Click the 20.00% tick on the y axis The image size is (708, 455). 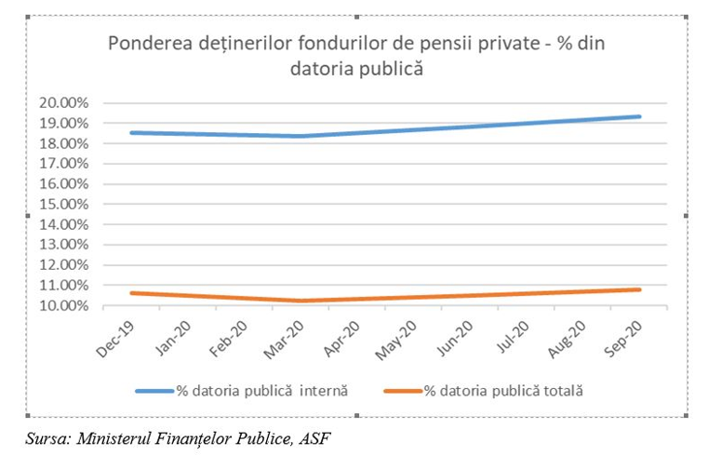point(64,102)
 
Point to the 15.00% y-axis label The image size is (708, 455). point(64,204)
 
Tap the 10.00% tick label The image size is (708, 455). point(64,306)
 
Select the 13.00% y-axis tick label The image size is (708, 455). point(64,245)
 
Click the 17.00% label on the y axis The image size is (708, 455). point(64,164)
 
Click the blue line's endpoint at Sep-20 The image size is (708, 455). point(640,116)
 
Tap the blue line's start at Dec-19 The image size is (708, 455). point(132,132)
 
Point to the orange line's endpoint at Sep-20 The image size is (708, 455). point(640,289)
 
